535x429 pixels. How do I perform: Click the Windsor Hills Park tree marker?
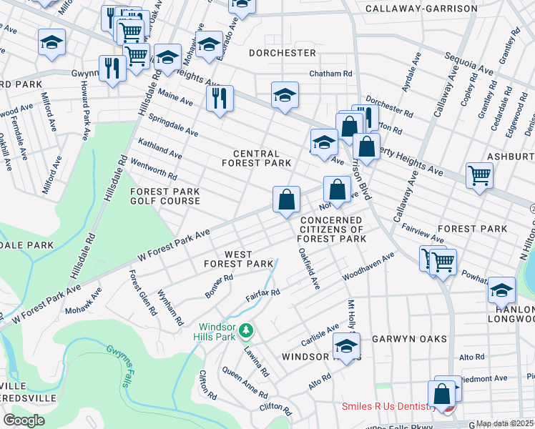coord(246,330)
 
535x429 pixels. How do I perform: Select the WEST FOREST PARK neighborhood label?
coord(238,259)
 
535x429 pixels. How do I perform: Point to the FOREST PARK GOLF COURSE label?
coord(165,196)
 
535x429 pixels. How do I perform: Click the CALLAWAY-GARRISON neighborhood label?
coord(421,9)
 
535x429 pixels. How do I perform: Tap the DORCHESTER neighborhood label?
coord(283,53)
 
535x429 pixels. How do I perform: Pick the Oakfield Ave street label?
coord(309,268)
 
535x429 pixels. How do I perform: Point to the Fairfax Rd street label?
coord(262,294)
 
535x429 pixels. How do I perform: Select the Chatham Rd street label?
coord(330,74)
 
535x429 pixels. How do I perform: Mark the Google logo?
coord(24,420)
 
